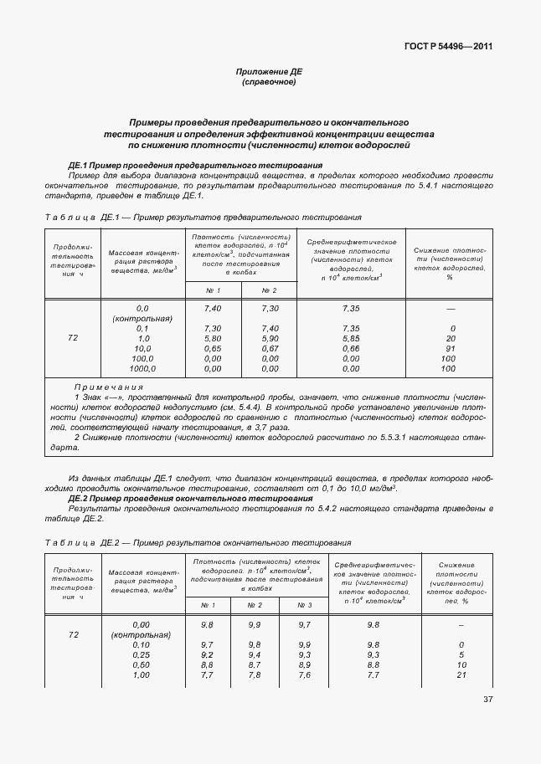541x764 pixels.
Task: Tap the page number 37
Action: (488, 700)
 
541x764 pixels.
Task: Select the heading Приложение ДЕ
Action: (268, 73)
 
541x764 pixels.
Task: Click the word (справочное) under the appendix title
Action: (268, 83)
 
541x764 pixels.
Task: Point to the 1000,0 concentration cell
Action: (142, 368)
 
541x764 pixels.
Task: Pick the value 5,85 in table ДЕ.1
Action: (351, 338)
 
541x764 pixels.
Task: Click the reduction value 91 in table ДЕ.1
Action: (451, 348)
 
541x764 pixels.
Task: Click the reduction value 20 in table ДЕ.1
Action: (451, 338)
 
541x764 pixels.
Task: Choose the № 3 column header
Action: (304, 604)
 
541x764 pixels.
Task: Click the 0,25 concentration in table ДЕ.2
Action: (141, 654)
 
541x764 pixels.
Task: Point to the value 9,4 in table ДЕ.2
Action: (255, 654)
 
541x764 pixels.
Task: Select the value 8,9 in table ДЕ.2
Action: (304, 664)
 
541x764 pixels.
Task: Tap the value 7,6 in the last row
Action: (304, 674)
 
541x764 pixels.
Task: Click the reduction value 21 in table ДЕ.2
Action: (461, 674)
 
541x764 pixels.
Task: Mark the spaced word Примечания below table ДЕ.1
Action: (109, 387)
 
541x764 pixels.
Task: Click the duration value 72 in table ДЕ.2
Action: (73, 635)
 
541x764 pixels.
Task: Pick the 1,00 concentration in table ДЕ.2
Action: (141, 674)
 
